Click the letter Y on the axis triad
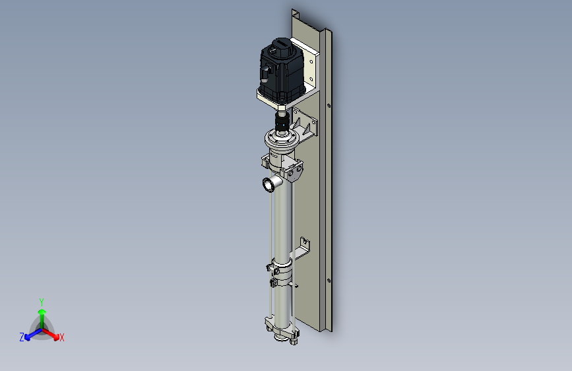tap(42, 302)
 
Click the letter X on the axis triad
tap(61, 337)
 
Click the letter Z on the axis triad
tap(22, 337)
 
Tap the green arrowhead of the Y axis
tap(42, 312)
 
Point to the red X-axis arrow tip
tap(56, 337)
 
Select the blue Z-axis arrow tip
tap(27, 337)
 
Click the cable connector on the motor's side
tap(265, 73)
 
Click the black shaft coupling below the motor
tap(282, 122)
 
